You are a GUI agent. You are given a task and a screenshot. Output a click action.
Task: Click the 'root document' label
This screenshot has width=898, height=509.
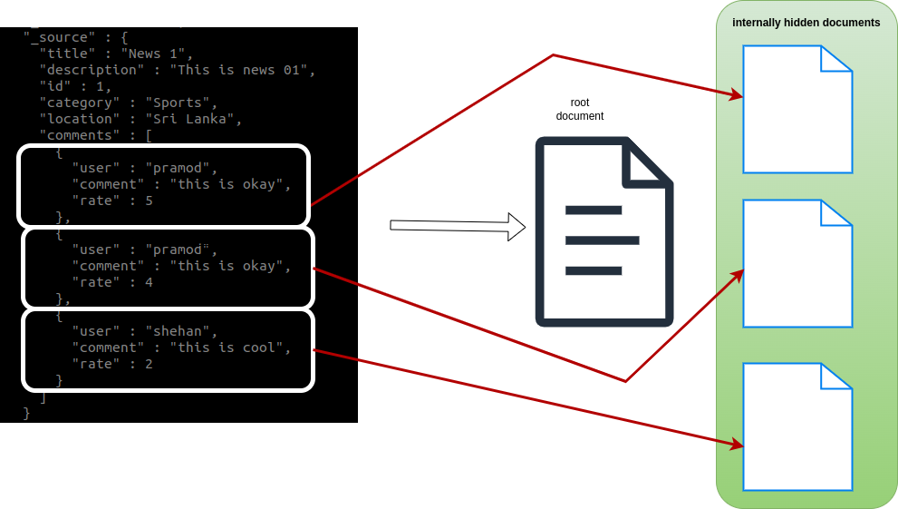pyautogui.click(x=580, y=109)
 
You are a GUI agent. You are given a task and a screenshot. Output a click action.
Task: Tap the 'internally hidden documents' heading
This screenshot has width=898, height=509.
pyautogui.click(x=806, y=23)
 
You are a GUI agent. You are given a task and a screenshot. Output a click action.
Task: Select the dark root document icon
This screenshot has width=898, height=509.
pyautogui.click(x=603, y=231)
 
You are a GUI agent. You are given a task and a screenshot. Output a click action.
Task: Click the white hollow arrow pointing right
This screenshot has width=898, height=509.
pyautogui.click(x=458, y=226)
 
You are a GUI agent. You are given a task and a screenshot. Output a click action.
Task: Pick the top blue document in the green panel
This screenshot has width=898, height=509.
pyautogui.click(x=797, y=109)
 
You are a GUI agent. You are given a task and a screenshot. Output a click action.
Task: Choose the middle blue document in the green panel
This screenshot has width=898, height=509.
pyautogui.click(x=797, y=263)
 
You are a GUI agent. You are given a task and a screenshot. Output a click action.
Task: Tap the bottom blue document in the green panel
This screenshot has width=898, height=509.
pyautogui.click(x=797, y=426)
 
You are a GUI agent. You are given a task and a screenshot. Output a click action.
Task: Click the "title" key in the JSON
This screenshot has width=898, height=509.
pyautogui.click(x=67, y=54)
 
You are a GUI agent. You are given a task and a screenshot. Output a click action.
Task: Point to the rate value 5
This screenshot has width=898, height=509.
pyautogui.click(x=149, y=201)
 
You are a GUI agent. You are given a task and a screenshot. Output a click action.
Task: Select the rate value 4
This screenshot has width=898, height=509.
pyautogui.click(x=149, y=282)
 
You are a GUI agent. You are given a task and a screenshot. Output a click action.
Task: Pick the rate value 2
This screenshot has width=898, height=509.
pyautogui.click(x=149, y=364)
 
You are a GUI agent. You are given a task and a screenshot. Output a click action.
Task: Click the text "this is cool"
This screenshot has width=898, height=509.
pyautogui.click(x=230, y=347)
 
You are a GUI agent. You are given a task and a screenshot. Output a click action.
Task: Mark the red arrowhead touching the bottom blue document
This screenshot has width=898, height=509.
pyautogui.click(x=738, y=445)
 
